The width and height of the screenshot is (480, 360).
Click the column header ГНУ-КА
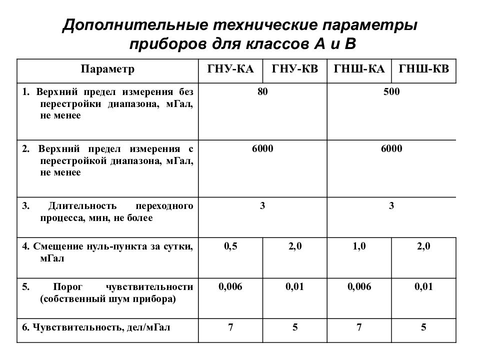230,69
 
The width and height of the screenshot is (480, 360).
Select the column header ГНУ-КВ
295,69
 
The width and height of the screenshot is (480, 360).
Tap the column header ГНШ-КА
359,69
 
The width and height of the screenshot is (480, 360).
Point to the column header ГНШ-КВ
424,69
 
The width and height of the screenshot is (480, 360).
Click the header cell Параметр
108,69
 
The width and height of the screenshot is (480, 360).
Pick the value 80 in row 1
262,92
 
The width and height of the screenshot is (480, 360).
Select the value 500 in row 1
391,92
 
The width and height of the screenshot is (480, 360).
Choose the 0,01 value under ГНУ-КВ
295,286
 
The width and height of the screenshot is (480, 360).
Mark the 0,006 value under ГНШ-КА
359,286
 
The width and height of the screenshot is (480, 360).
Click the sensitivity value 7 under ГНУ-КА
230,328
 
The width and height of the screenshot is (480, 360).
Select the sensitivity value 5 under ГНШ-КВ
424,328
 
